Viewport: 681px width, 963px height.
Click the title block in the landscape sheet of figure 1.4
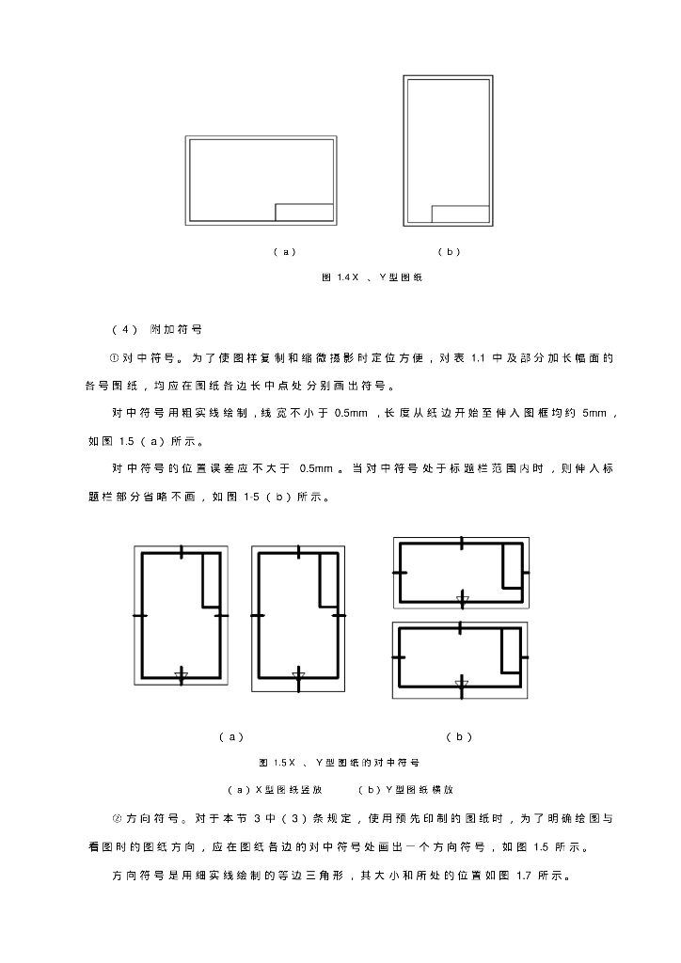tap(304, 212)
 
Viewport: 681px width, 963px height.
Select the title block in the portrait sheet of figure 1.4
tap(460, 213)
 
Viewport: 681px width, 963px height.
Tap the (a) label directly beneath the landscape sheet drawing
tap(284, 252)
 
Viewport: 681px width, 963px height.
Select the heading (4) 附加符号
tap(157, 329)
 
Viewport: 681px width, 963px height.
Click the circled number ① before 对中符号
tap(114, 357)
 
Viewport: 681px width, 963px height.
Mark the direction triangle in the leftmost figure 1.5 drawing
tap(182, 674)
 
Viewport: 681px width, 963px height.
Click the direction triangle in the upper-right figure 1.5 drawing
tap(461, 598)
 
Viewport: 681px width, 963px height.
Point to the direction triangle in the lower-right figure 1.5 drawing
tap(461, 682)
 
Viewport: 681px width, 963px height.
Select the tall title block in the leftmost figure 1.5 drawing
tap(212, 579)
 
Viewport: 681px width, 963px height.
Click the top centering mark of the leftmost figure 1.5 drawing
tap(182, 550)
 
